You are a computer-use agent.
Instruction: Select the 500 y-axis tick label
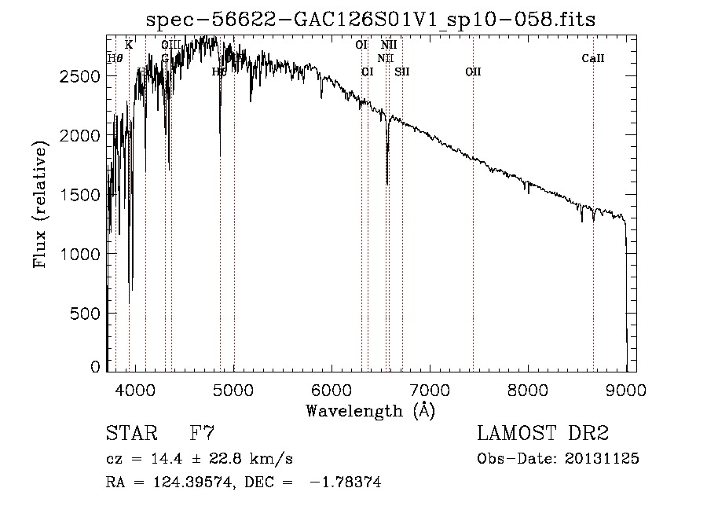82,314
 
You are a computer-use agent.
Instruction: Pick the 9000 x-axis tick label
626,390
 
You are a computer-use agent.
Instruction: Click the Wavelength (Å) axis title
369,410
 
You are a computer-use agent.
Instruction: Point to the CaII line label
593,58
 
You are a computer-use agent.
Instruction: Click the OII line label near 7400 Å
472,72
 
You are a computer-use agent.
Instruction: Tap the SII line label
402,72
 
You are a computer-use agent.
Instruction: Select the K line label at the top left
129,45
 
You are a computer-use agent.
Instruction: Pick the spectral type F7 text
203,434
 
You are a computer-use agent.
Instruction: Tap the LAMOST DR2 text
543,434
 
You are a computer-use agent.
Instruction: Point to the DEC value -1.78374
346,483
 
